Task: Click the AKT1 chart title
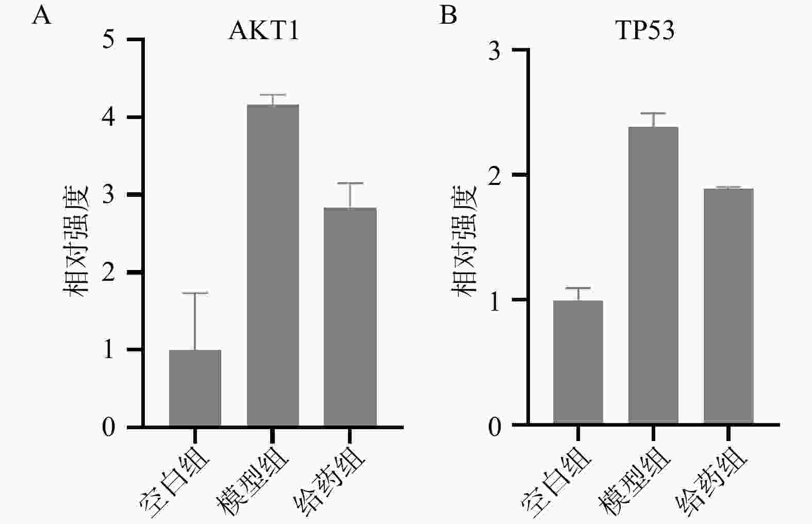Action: coord(263,31)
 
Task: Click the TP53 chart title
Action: coord(645,31)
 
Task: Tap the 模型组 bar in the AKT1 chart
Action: coord(273,265)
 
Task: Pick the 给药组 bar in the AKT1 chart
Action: coord(350,317)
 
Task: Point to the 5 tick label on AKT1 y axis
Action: coord(109,40)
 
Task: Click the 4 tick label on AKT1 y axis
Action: coord(109,117)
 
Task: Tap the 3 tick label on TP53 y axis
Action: coord(494,50)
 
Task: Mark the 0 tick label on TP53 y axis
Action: coord(494,426)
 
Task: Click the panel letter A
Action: coord(42,15)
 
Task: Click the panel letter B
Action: coord(448,15)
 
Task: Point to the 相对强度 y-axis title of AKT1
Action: coord(77,240)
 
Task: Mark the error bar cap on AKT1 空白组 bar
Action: coord(195,293)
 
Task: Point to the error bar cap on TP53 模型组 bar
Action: coord(653,113)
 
